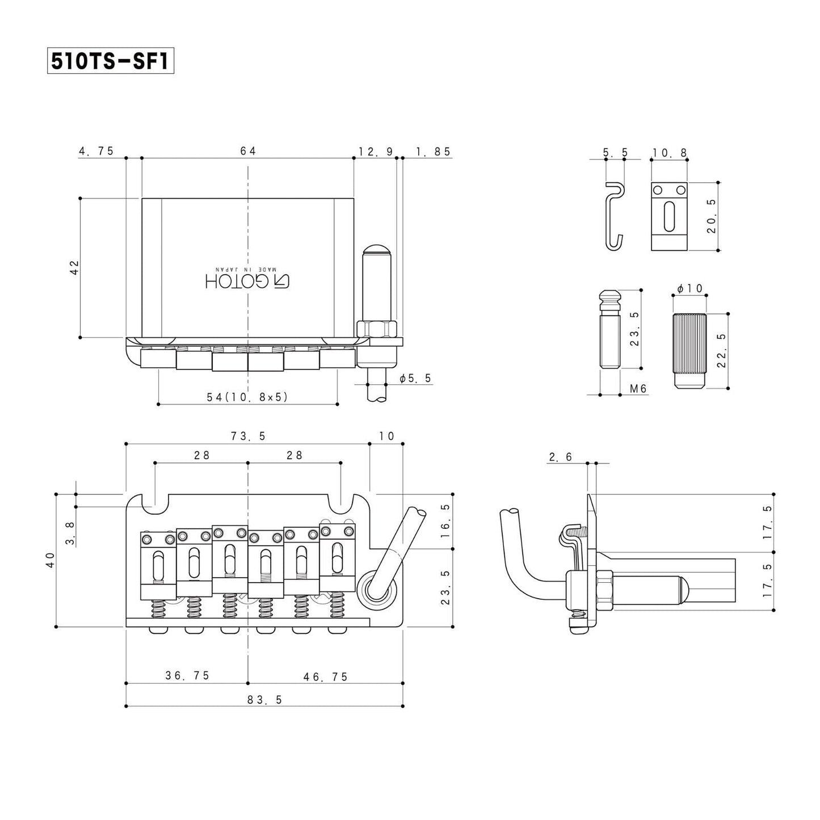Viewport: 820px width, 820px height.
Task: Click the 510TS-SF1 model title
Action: [x=110, y=60]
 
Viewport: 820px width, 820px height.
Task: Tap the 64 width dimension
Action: [x=248, y=151]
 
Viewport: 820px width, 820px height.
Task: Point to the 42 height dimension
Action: [x=74, y=268]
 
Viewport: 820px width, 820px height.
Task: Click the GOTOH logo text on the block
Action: [x=247, y=281]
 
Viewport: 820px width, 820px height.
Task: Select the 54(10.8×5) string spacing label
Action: [x=247, y=397]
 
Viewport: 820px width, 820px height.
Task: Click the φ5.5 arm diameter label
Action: [x=415, y=378]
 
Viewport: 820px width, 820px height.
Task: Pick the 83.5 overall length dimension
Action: [x=264, y=700]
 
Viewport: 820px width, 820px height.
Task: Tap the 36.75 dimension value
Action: [x=187, y=675]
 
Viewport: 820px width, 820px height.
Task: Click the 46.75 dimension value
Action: [x=326, y=676]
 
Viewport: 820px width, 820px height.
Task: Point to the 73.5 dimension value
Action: [x=248, y=436]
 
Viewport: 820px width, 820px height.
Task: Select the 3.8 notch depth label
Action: [x=70, y=533]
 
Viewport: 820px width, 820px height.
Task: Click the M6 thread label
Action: [x=638, y=388]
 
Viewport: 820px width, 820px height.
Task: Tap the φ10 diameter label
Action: [x=690, y=288]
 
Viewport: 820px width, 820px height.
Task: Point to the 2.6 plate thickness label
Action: [x=561, y=457]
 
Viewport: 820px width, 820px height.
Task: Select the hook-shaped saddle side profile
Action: [x=615, y=216]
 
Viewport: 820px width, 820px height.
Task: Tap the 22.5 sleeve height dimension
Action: [x=721, y=351]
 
